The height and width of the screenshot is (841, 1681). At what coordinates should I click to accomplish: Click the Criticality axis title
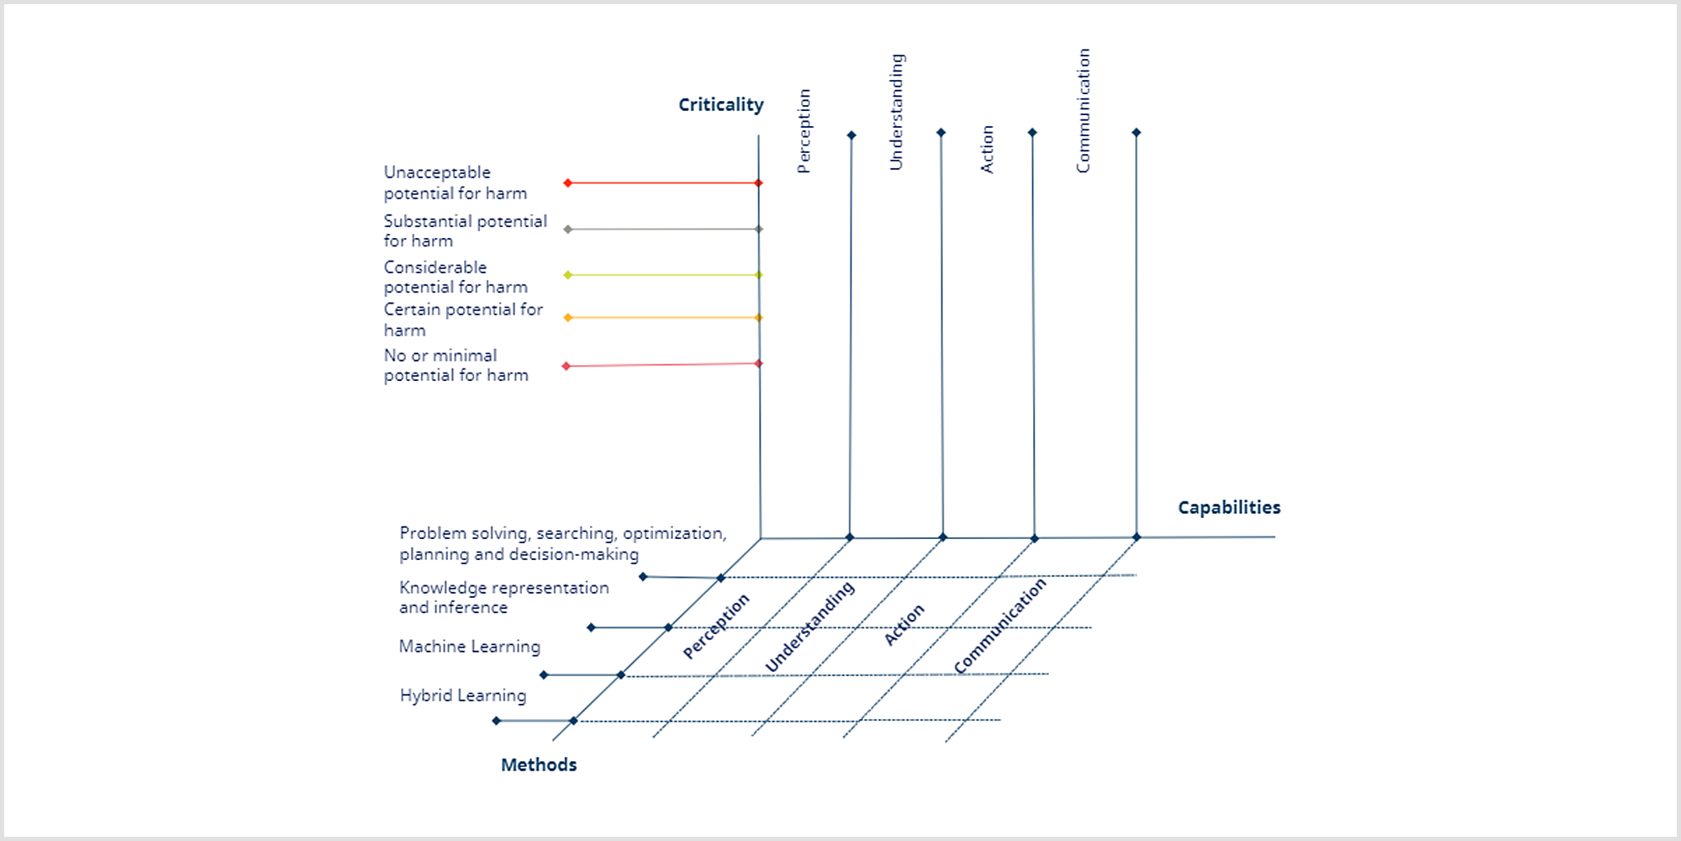click(x=721, y=105)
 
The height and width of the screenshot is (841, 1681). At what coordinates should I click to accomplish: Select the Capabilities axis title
click(x=1229, y=508)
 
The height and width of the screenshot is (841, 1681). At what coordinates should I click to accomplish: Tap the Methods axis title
click(x=539, y=764)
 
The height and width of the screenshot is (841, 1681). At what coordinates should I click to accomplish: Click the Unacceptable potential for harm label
click(x=456, y=182)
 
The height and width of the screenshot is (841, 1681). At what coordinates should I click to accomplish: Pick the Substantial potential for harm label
click(x=465, y=230)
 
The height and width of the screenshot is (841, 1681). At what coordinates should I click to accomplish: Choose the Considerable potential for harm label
click(x=456, y=277)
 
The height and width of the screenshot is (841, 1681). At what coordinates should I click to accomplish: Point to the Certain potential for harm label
click(x=463, y=320)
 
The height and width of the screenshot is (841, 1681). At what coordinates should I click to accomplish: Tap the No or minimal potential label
click(x=456, y=365)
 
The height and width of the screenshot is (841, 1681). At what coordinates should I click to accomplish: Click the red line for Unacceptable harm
click(x=663, y=182)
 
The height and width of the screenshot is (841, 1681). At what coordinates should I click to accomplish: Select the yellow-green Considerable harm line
click(x=663, y=275)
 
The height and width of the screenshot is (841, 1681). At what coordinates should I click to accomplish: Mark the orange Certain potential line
click(x=663, y=318)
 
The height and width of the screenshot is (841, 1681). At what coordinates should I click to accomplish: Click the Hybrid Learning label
click(x=463, y=696)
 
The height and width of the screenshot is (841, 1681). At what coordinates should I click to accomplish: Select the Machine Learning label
click(x=470, y=647)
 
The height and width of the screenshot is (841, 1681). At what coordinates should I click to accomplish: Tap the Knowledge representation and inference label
click(x=504, y=597)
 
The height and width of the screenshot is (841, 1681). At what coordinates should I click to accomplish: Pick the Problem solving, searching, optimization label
click(x=563, y=543)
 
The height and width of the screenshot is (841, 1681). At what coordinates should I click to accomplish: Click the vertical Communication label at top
click(x=1083, y=111)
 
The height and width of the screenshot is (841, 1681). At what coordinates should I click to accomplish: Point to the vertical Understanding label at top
click(x=897, y=112)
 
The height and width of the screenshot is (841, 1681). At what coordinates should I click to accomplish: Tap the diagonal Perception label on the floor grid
click(x=715, y=626)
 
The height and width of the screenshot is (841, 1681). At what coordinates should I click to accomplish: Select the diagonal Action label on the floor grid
click(x=904, y=624)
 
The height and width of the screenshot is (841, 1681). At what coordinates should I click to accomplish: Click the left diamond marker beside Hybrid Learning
click(x=497, y=721)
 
